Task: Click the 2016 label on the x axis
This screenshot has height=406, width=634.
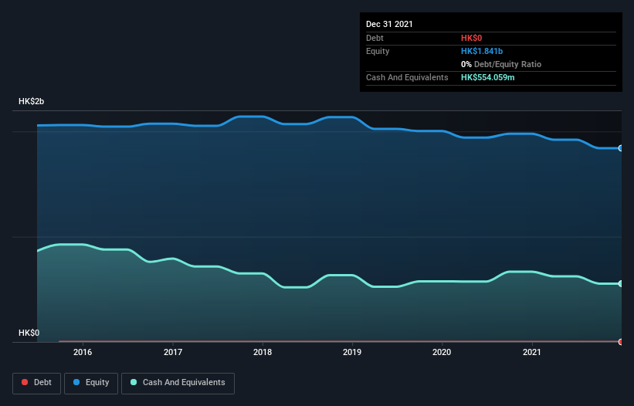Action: pyautogui.click(x=83, y=352)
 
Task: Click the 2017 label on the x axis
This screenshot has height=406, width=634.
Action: pyautogui.click(x=173, y=352)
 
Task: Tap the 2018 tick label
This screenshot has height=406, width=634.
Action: pyautogui.click(x=263, y=352)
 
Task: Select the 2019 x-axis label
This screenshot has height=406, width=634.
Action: pyautogui.click(x=352, y=352)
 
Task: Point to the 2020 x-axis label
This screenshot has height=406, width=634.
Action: pyautogui.click(x=442, y=352)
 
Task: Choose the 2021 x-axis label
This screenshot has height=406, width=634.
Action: pyautogui.click(x=531, y=352)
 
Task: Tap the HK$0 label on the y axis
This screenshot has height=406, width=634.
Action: pyautogui.click(x=29, y=333)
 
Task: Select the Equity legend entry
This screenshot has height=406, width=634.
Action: pyautogui.click(x=91, y=383)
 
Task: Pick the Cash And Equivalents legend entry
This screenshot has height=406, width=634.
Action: pyautogui.click(x=178, y=383)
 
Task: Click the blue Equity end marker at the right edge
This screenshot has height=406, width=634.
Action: pyautogui.click(x=621, y=148)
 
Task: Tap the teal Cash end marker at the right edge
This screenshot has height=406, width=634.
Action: pyautogui.click(x=621, y=284)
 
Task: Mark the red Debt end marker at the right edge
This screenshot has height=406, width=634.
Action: pyautogui.click(x=621, y=341)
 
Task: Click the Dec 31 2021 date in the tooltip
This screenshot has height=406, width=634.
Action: pyautogui.click(x=389, y=24)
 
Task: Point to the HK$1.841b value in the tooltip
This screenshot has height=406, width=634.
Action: pyautogui.click(x=483, y=51)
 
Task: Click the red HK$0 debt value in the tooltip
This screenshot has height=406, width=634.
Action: pyautogui.click(x=473, y=38)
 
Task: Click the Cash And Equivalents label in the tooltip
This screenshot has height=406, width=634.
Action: pyautogui.click(x=407, y=78)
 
